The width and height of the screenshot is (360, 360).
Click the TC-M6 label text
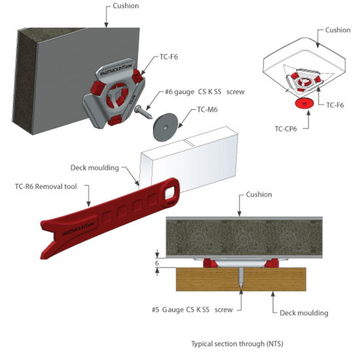pos(207,109)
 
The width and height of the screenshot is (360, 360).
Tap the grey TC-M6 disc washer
pos(166,127)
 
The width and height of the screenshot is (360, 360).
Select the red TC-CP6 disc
pos(304,103)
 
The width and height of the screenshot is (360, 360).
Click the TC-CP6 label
pos(286,129)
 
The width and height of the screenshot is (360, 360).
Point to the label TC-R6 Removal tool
pos(46,187)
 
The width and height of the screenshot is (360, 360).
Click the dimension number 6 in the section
pos(157,263)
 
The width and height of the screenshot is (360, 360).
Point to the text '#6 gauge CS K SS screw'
pos(205,92)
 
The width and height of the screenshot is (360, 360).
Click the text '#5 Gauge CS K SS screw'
pos(192,310)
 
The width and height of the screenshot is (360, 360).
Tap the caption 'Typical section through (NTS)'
pos(237,344)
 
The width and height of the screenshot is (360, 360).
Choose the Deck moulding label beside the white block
pos(95,168)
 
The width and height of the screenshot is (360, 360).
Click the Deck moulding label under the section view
pos(304,313)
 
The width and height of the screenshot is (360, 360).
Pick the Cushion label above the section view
pos(259,194)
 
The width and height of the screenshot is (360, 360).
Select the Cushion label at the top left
pos(126,6)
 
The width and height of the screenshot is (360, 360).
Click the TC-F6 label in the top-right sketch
pos(335,105)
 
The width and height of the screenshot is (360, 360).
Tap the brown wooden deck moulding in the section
pos(241,279)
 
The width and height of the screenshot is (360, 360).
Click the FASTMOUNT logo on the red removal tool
pos(79,228)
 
